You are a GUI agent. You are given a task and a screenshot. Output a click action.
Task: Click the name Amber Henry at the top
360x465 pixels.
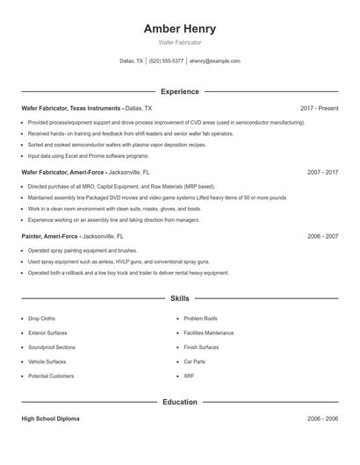pos(179,29)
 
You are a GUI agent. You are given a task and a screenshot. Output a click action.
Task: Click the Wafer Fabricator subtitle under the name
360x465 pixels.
pos(179,42)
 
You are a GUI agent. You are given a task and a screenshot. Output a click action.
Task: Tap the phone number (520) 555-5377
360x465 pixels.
pos(166,61)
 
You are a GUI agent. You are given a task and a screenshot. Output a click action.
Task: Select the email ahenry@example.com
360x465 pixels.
pos(214,61)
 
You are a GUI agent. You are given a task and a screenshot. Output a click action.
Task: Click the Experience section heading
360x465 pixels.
pos(179,91)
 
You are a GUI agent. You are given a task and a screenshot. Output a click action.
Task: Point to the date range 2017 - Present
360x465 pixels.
pos(319,108)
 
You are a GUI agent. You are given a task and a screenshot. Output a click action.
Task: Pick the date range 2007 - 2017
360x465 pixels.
pos(323,173)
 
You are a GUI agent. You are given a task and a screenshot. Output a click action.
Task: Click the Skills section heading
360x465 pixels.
pos(179,299)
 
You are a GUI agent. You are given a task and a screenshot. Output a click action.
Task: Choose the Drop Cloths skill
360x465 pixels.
pos(41,318)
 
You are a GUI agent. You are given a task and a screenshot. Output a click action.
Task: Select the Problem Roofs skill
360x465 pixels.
pos(200,318)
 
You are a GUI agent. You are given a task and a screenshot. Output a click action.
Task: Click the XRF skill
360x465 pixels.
pos(188,376)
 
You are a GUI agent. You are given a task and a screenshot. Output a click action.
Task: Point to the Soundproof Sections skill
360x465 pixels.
pos(52,347)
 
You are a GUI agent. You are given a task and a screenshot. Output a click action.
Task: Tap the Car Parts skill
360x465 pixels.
pos(194,361)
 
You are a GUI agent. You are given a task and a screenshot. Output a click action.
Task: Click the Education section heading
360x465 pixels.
pos(179,402)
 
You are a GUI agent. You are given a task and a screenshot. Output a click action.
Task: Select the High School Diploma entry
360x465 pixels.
pos(50,419)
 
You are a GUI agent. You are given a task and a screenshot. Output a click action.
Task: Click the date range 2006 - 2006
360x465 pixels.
pos(323,419)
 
